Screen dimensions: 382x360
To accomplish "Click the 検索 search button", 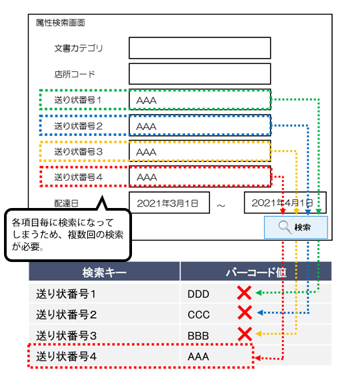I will point(295,227).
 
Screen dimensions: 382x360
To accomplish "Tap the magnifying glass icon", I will point(285,227).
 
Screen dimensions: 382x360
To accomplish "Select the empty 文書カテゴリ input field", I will point(200,48).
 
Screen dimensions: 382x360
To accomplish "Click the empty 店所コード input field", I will point(200,74).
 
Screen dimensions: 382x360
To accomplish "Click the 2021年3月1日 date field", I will point(169,203).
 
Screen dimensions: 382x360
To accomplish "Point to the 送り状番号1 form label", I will point(78,100).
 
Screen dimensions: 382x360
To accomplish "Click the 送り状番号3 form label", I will point(78,152).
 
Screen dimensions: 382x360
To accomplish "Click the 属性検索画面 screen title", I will point(61,23).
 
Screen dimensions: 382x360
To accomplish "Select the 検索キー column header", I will point(105,272).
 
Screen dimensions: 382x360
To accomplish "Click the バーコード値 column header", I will point(255,272).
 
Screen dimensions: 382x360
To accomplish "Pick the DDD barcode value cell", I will point(198,293).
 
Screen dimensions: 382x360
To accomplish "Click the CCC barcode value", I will point(198,314).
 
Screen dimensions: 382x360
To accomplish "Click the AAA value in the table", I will point(198,357).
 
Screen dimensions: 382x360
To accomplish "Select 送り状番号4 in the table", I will point(67,357).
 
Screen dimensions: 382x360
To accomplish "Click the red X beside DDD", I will point(245,293).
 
